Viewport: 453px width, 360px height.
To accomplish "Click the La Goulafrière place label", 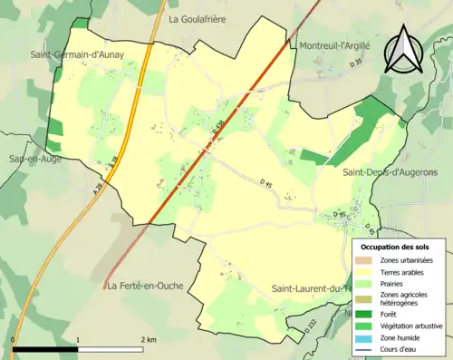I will pos(198,17).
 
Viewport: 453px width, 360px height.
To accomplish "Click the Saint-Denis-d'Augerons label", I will pos(390,171).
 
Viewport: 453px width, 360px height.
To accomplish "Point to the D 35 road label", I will pos(356,62).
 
